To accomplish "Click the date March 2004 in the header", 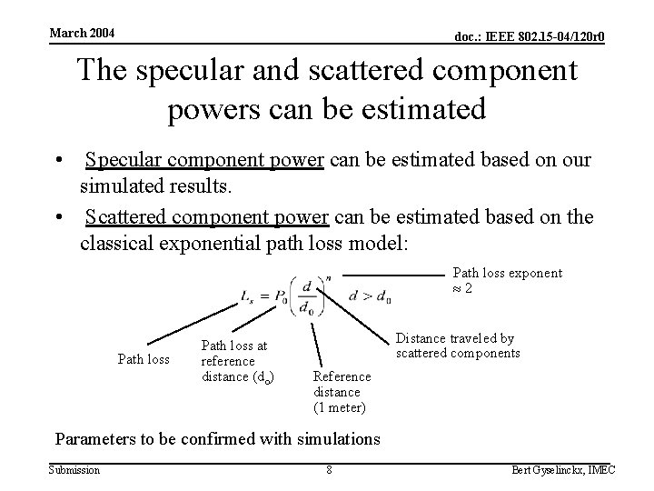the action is click(x=82, y=34).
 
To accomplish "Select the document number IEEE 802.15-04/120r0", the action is click(x=530, y=36).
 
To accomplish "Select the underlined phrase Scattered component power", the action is click(x=207, y=216).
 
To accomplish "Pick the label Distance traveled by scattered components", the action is click(x=458, y=346).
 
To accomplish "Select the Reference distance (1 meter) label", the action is click(x=342, y=391).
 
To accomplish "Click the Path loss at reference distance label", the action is click(x=234, y=361).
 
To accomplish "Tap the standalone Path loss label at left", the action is click(x=144, y=358).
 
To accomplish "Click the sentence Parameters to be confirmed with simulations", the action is click(x=218, y=439).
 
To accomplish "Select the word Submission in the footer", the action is click(x=74, y=469).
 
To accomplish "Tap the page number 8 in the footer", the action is click(x=329, y=470).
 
